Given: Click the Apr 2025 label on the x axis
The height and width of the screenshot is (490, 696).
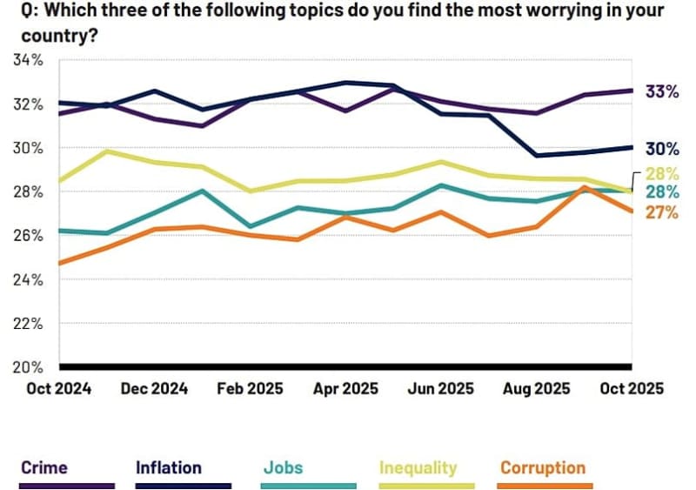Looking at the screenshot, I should click(345, 388).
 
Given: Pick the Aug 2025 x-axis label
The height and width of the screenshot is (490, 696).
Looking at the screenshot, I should click(537, 388).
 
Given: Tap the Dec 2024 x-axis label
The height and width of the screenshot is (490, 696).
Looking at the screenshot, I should click(155, 388).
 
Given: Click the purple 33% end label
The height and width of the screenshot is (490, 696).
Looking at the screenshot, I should click(661, 91).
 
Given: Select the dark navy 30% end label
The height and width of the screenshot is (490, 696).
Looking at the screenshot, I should click(661, 148).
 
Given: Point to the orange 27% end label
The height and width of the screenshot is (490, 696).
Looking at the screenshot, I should click(661, 211).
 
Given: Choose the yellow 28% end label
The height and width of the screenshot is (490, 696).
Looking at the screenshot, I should click(661, 173).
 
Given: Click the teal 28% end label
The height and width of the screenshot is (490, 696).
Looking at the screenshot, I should click(661, 192).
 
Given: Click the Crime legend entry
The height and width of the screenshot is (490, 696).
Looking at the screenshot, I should click(44, 468).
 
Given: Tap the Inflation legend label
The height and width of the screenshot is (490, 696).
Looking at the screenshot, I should click(169, 468).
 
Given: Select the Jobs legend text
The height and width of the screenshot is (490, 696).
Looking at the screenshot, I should click(283, 468).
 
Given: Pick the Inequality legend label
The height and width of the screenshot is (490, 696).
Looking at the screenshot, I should click(418, 468).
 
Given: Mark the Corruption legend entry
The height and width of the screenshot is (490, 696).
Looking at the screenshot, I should click(543, 468).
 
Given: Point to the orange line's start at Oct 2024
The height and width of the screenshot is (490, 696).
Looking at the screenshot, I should click(59, 263).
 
